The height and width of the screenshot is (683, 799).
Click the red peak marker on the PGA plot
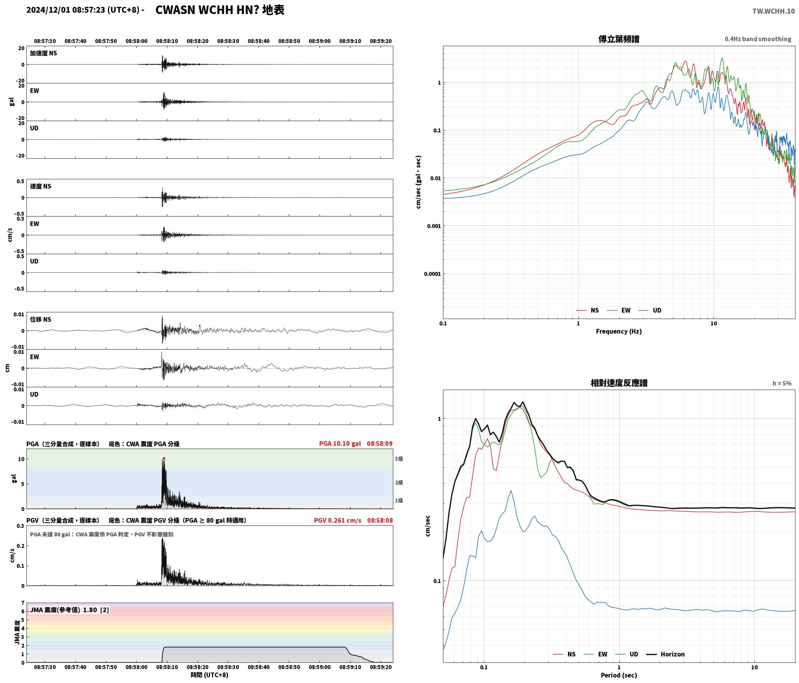[x=164, y=458]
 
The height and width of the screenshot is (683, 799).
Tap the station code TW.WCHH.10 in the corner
[x=773, y=11]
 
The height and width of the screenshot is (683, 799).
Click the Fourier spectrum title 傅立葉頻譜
[x=619, y=39]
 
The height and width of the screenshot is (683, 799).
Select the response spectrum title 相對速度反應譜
[x=619, y=383]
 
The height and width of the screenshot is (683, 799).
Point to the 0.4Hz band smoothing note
[x=758, y=39]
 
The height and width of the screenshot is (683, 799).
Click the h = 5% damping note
[x=782, y=383]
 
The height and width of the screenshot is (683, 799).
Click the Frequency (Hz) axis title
[x=619, y=331]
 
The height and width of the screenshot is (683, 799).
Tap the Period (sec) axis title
[x=619, y=675]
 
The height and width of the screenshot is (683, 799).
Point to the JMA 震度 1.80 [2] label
[x=69, y=610]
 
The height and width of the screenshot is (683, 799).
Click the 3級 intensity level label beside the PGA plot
[x=399, y=459]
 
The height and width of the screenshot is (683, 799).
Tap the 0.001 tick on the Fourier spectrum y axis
[x=434, y=226]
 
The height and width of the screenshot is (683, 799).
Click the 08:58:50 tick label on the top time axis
[x=289, y=41]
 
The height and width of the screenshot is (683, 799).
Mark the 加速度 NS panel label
[x=43, y=53]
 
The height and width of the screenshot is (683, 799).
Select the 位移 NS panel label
[x=40, y=319]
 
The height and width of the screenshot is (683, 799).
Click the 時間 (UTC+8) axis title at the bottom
[x=209, y=675]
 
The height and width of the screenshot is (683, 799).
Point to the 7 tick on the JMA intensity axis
[x=23, y=603]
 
